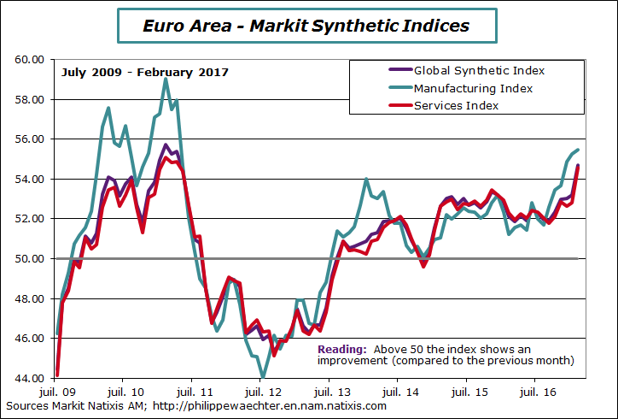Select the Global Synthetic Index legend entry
(479, 70)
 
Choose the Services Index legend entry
(456, 105)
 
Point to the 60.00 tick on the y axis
(29, 59)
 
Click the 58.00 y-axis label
(29, 99)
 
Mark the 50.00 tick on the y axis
(29, 258)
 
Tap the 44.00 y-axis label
(29, 378)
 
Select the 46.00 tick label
(29, 339)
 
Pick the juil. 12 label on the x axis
(259, 390)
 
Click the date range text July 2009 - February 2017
(144, 72)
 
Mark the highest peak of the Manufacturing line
(166, 79)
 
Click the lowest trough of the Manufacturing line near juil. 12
(264, 377)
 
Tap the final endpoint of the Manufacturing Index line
(579, 150)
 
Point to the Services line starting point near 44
(56, 374)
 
